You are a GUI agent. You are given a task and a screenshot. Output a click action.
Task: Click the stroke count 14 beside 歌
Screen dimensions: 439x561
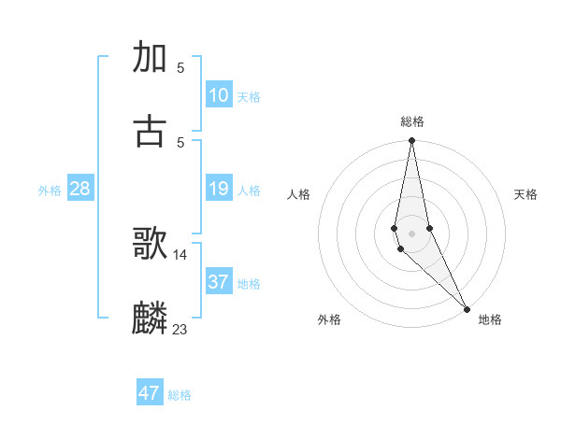tap(180, 254)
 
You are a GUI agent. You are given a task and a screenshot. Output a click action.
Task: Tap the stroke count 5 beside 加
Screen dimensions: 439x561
tap(180, 67)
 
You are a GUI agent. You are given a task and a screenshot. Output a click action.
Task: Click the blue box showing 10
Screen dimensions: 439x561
tap(219, 95)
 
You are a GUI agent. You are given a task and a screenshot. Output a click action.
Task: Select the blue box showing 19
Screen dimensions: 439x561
tap(219, 190)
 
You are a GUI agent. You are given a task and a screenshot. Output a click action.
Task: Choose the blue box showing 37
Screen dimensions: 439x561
tap(219, 282)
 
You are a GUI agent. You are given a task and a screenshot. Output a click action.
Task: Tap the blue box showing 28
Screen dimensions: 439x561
tap(80, 190)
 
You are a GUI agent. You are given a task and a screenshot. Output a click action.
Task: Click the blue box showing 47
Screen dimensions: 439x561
tap(150, 393)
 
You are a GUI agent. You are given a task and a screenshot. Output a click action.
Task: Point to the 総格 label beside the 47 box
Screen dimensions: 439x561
tap(180, 395)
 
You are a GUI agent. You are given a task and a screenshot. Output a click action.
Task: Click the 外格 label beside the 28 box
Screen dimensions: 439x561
tap(50, 191)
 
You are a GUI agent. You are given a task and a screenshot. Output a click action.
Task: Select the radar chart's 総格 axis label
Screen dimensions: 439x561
tap(412, 121)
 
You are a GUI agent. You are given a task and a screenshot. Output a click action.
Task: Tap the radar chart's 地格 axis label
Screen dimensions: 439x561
tap(490, 319)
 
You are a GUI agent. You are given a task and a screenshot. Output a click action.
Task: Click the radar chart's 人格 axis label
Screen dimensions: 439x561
tap(299, 194)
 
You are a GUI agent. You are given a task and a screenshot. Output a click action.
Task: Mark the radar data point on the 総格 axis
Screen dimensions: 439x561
tap(411, 141)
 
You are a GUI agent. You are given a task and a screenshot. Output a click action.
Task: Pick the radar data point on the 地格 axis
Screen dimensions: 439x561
tap(467, 308)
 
